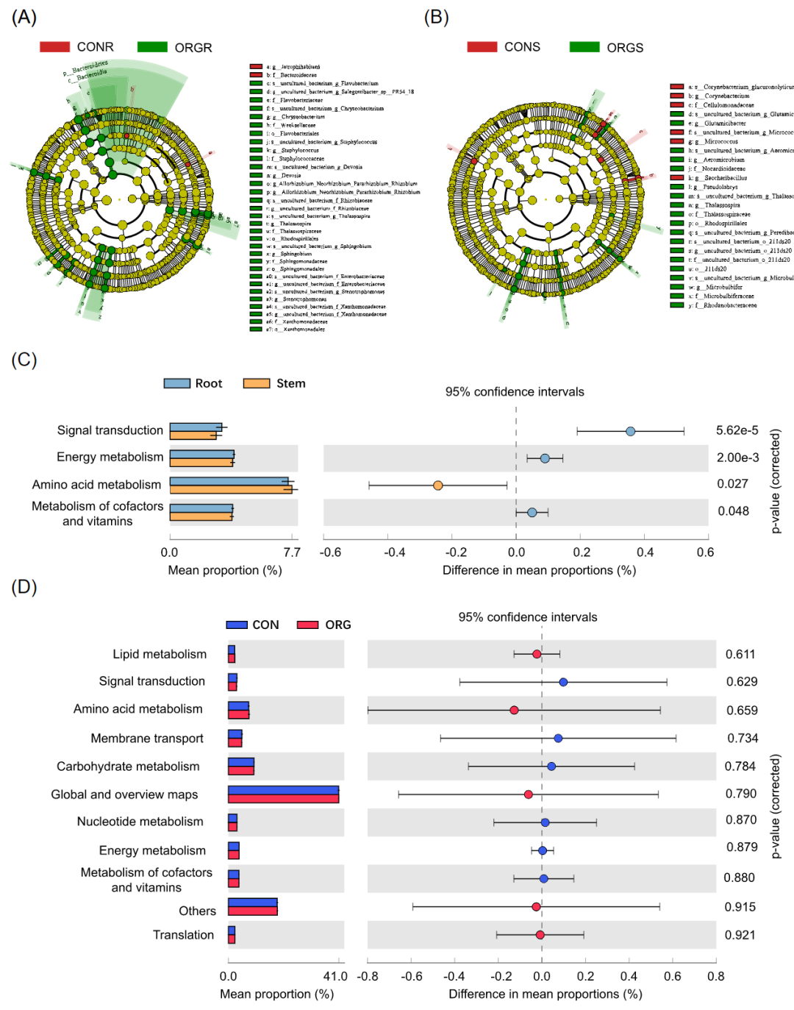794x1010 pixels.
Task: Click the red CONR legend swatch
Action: coord(54,47)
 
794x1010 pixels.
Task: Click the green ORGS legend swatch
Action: coord(584,47)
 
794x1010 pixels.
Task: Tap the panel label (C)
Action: coord(24,359)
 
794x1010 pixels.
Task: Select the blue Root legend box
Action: coord(176,383)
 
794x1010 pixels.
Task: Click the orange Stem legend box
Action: coord(257,383)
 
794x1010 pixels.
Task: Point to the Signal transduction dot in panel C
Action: coord(630,431)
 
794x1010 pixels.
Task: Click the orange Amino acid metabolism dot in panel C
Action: coord(437,486)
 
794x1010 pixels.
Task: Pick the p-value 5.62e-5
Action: coord(737,430)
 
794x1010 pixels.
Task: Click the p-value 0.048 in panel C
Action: coord(733,511)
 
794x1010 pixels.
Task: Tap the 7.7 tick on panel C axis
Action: coord(292,552)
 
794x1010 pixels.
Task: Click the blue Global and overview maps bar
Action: coord(283,791)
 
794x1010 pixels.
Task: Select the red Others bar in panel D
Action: coord(252,911)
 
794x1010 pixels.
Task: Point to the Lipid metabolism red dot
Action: coord(537,654)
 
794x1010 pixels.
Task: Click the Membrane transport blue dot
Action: coord(558,738)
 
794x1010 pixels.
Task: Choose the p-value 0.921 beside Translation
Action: coord(740,935)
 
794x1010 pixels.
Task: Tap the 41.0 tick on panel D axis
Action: coord(335,976)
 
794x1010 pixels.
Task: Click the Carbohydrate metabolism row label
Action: coord(128,767)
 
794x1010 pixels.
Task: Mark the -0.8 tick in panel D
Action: coord(368,976)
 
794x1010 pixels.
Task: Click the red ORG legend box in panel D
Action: coord(307,625)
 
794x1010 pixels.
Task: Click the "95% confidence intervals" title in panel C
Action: coord(515,392)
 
